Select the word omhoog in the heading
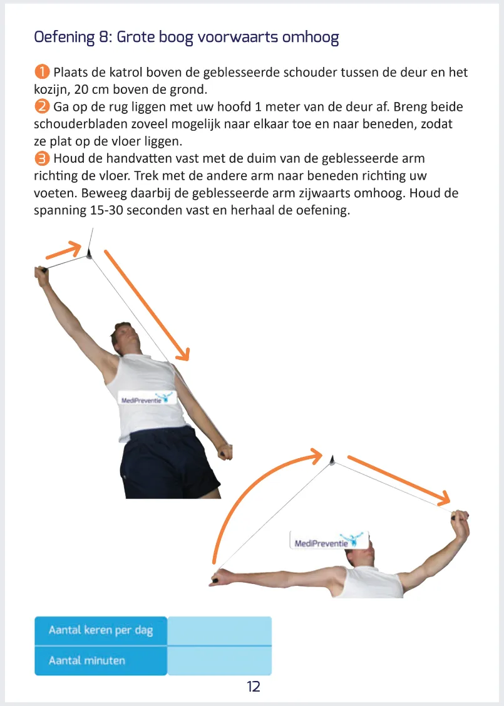(x=311, y=37)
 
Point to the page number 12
(x=253, y=686)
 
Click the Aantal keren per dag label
(x=101, y=630)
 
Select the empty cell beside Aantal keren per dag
(x=220, y=630)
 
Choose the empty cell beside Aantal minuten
(x=220, y=660)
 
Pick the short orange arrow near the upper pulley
(x=64, y=250)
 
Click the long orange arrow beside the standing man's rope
(x=147, y=305)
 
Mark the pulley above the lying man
(x=332, y=460)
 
